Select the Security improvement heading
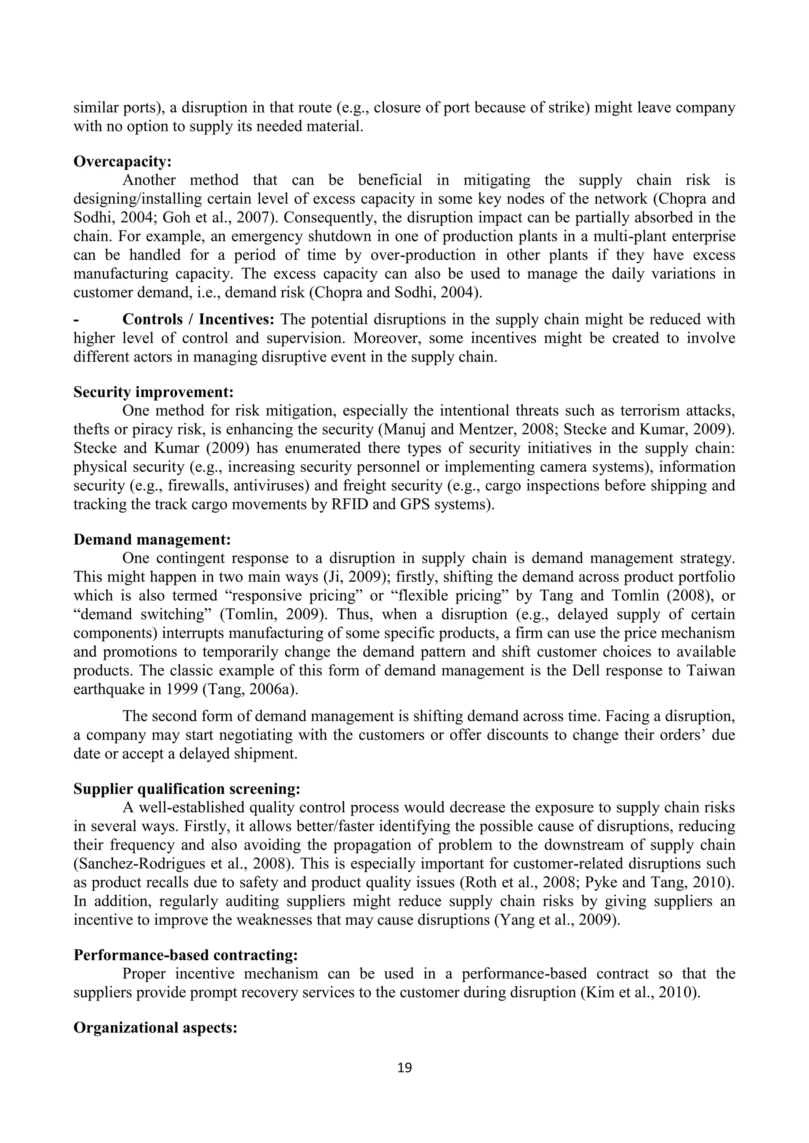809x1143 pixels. (x=153, y=392)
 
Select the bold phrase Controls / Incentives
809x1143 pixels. (x=198, y=319)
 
